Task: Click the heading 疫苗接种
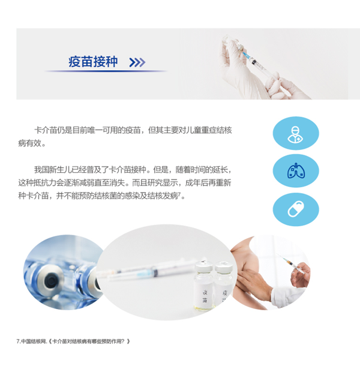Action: click(93, 62)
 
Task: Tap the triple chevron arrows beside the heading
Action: click(137, 62)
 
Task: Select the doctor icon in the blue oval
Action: click(296, 134)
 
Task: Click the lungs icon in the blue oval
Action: click(296, 171)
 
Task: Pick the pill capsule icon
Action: click(296, 209)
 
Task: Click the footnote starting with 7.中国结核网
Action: click(73, 341)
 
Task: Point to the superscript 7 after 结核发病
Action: click(179, 194)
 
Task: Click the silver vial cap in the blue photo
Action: click(50, 279)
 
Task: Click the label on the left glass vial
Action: click(205, 296)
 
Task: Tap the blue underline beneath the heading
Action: click(106, 71)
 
